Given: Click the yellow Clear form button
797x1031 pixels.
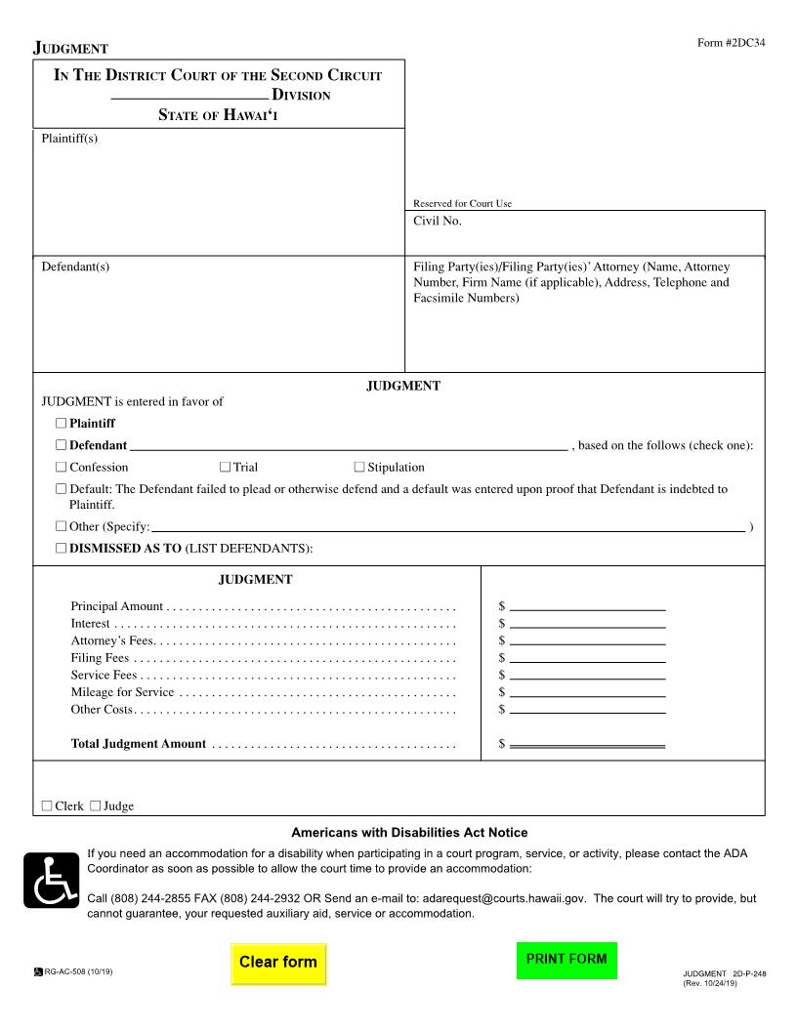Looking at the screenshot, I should pyautogui.click(x=278, y=962).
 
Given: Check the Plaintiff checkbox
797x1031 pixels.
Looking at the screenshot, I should pyautogui.click(x=62, y=424).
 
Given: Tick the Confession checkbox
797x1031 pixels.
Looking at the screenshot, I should pyautogui.click(x=62, y=468).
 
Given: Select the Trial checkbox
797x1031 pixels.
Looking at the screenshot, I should pyautogui.click(x=226, y=468).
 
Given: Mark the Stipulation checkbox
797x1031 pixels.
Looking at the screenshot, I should pyautogui.click(x=359, y=468).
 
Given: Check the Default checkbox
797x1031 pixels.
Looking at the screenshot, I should pyautogui.click(x=62, y=489).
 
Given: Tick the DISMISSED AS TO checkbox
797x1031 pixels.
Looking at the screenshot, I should pyautogui.click(x=62, y=549).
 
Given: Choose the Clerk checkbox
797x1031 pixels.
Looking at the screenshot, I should pyautogui.click(x=47, y=806).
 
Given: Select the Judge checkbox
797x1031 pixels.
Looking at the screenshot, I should pyautogui.click(x=96, y=806).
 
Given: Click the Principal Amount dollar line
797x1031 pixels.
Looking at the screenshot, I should pyautogui.click(x=587, y=607).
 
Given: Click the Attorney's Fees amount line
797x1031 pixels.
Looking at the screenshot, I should pyautogui.click(x=587, y=641).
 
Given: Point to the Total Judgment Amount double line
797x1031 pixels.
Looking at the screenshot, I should pyautogui.click(x=587, y=745).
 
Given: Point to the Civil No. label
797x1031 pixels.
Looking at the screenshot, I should pyautogui.click(x=438, y=222).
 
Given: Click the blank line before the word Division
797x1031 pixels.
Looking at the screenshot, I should pyautogui.click(x=189, y=97).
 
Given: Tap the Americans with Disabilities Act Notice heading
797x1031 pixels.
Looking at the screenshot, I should pyautogui.click(x=409, y=833).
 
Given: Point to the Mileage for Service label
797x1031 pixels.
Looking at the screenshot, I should pyautogui.click(x=122, y=692).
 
